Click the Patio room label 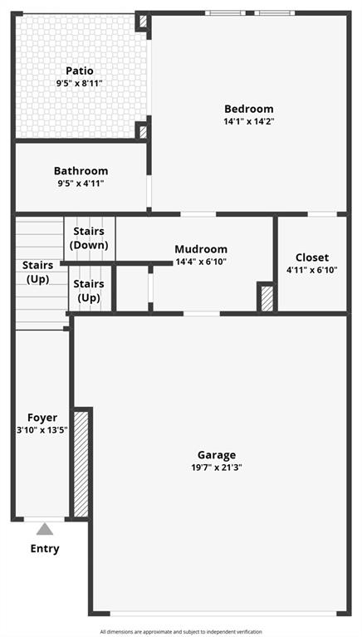pos(80,71)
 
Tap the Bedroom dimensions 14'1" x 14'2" pos(248,121)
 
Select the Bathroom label pos(81,170)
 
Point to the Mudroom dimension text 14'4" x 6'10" pos(201,262)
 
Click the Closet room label pos(312,257)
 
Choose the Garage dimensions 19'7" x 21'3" pos(217,468)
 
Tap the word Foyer pos(42,418)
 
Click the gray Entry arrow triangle pos(45,529)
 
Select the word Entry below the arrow pos(45,549)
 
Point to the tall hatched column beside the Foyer pos(81,464)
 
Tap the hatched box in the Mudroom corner pos(267,299)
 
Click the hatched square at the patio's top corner pos(143,22)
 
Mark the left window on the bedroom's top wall pos(225,13)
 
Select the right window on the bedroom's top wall pos(275,13)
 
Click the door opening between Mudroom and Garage pos(202,314)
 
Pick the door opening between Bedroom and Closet pos(322,214)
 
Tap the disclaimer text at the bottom pos(181,632)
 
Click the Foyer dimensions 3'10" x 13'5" pos(42,430)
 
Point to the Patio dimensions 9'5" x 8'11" pos(80,83)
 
